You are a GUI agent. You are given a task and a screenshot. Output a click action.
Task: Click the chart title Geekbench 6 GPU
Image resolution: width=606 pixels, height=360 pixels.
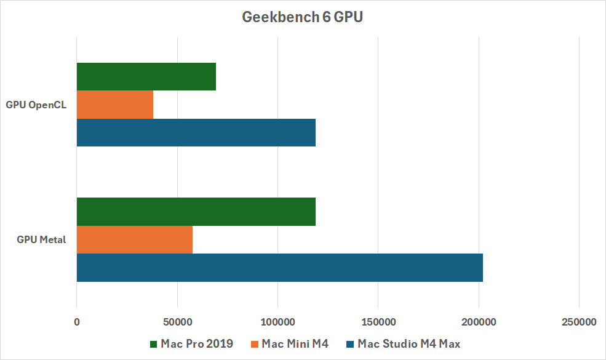click(303, 17)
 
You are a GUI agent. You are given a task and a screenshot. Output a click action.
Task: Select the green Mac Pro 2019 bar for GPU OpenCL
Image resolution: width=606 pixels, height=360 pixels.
click(146, 77)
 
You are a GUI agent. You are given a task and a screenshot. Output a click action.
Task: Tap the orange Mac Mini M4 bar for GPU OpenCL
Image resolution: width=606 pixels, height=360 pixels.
click(115, 105)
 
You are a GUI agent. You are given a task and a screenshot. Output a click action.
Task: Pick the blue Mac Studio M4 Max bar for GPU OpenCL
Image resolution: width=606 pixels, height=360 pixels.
click(196, 132)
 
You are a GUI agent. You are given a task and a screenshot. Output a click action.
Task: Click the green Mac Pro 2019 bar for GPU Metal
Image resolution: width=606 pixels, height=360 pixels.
click(196, 212)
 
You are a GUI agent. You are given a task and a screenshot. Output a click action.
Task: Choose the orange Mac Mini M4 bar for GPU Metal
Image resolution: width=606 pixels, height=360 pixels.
click(135, 239)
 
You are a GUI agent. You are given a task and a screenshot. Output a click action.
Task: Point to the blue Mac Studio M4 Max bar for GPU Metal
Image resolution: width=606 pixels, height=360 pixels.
click(280, 268)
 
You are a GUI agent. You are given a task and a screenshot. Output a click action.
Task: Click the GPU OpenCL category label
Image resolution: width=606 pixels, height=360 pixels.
click(36, 105)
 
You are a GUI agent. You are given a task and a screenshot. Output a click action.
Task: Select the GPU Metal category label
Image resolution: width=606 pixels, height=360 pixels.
click(41, 239)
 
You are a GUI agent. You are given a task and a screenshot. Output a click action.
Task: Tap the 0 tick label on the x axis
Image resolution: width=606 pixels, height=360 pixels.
click(77, 322)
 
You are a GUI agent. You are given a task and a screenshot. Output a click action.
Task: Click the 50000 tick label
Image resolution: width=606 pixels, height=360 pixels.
click(177, 322)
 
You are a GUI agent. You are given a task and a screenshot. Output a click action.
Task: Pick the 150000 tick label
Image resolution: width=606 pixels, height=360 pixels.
click(378, 322)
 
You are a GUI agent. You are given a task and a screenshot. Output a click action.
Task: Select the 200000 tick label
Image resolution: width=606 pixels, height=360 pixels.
click(479, 322)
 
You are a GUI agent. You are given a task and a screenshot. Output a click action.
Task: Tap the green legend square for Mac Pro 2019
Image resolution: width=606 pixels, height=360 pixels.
click(153, 344)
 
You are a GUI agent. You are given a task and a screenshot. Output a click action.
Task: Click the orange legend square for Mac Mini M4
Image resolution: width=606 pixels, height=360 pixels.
click(254, 344)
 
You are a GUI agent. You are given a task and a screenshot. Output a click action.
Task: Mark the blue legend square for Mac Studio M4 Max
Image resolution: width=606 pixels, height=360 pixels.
click(351, 344)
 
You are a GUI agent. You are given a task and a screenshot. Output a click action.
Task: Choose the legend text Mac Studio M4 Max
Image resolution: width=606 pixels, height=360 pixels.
click(409, 344)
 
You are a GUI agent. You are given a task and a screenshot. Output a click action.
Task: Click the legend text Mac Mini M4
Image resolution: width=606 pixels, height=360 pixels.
click(295, 344)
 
